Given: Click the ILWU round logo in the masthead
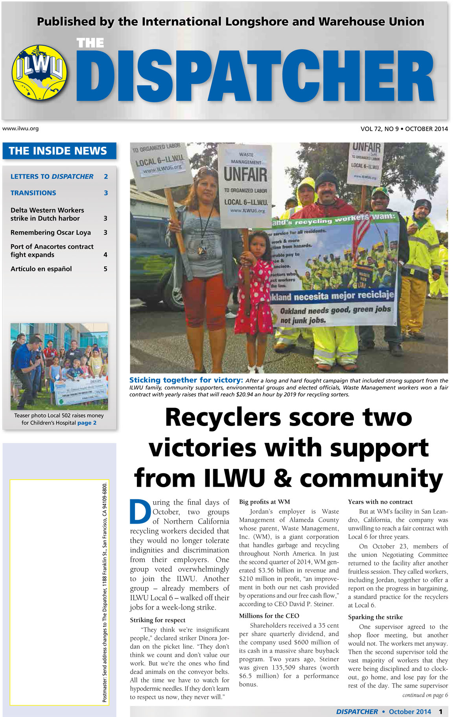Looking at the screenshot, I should (39, 72).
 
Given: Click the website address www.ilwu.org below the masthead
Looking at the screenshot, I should (20, 128).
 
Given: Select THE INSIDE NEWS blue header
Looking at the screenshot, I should (58, 151).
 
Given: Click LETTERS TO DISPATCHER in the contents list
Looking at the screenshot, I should (52, 177).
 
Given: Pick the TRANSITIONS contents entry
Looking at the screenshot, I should (33, 193).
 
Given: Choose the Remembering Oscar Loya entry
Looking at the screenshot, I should (51, 233).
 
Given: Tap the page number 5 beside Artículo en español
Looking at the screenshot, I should (105, 269).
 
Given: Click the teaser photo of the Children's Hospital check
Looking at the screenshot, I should (59, 366).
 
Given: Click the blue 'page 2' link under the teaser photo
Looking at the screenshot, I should (87, 423).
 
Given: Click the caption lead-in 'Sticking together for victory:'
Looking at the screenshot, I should (186, 380).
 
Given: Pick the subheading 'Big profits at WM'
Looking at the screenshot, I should (264, 502).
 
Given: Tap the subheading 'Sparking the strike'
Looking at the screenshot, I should (375, 617).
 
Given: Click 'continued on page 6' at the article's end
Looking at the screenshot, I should (425, 695).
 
